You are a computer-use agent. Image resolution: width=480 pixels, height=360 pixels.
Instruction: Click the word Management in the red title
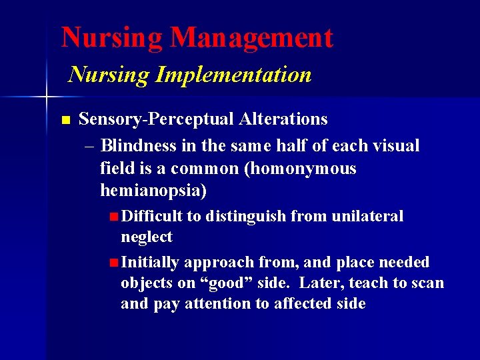pos(251,37)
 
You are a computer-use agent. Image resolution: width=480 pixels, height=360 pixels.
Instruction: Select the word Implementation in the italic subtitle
pos(233,74)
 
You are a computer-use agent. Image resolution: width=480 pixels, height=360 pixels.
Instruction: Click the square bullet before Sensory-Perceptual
pos(65,121)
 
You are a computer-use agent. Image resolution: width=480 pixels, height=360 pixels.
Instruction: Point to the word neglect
pos(146,237)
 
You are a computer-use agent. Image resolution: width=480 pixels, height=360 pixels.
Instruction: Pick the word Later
pos(322,283)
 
